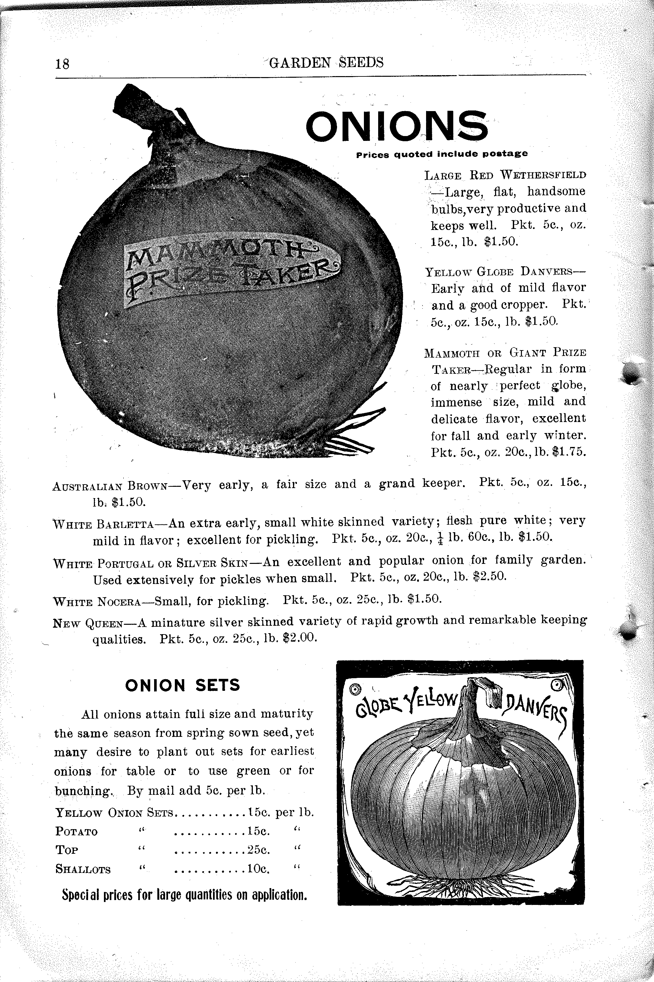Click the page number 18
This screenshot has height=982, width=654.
pos(62,64)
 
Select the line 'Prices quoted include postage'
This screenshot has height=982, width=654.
pos(442,154)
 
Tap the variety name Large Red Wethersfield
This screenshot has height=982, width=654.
pos(505,175)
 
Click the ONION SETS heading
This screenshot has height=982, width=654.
pos(183,685)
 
